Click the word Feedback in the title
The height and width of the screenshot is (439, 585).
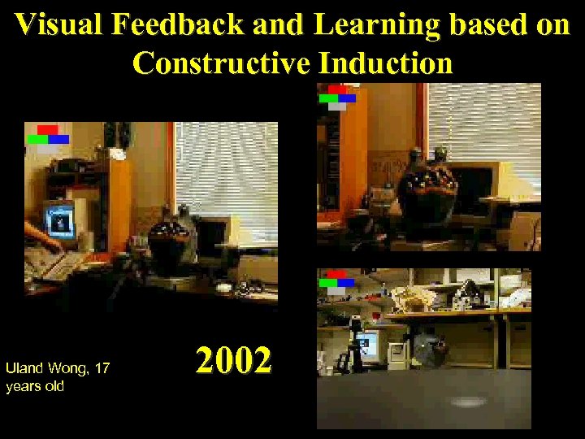tap(180, 25)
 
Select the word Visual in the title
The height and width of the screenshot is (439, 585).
tap(60, 25)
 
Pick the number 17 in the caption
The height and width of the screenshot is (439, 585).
tap(102, 369)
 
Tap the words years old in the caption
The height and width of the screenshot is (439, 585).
tap(35, 386)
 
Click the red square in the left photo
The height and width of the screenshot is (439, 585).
tap(47, 130)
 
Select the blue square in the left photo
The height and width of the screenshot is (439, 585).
tap(58, 139)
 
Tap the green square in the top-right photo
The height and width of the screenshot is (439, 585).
tap(328, 98)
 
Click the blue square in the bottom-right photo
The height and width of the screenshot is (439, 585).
tap(346, 283)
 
